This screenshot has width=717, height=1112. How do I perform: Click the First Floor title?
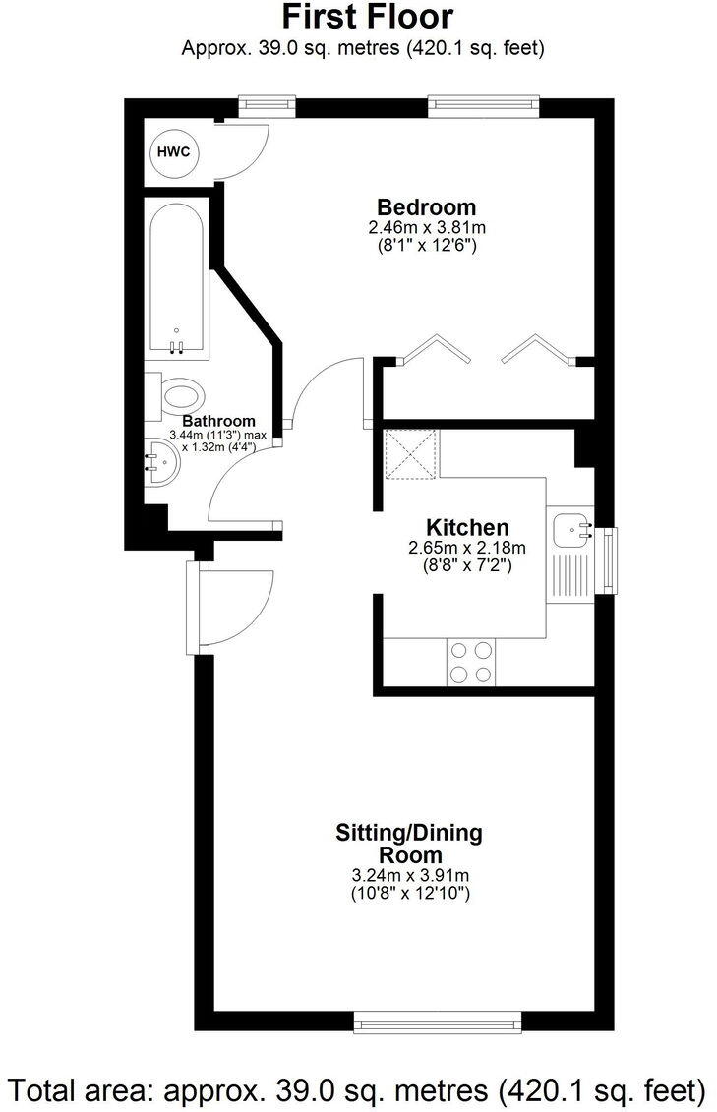click(x=368, y=17)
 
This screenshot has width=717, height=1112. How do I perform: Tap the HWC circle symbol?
click(x=175, y=152)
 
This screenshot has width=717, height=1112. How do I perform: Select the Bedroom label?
click(x=427, y=207)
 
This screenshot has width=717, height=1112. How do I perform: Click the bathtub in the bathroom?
click(x=177, y=278)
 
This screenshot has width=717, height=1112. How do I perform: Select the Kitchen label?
click(x=466, y=527)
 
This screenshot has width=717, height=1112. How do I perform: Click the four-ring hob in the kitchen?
click(x=472, y=662)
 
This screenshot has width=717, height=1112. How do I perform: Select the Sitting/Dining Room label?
click(x=410, y=844)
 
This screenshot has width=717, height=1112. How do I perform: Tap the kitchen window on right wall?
click(x=609, y=561)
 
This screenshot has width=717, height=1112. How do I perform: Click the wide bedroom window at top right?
click(x=484, y=102)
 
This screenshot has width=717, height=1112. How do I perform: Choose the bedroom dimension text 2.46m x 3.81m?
click(x=427, y=228)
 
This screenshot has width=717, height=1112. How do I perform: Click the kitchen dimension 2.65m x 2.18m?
click(x=467, y=548)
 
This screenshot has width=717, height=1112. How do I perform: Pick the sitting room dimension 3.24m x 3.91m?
click(x=410, y=876)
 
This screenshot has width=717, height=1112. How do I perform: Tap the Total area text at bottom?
click(x=358, y=1088)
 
